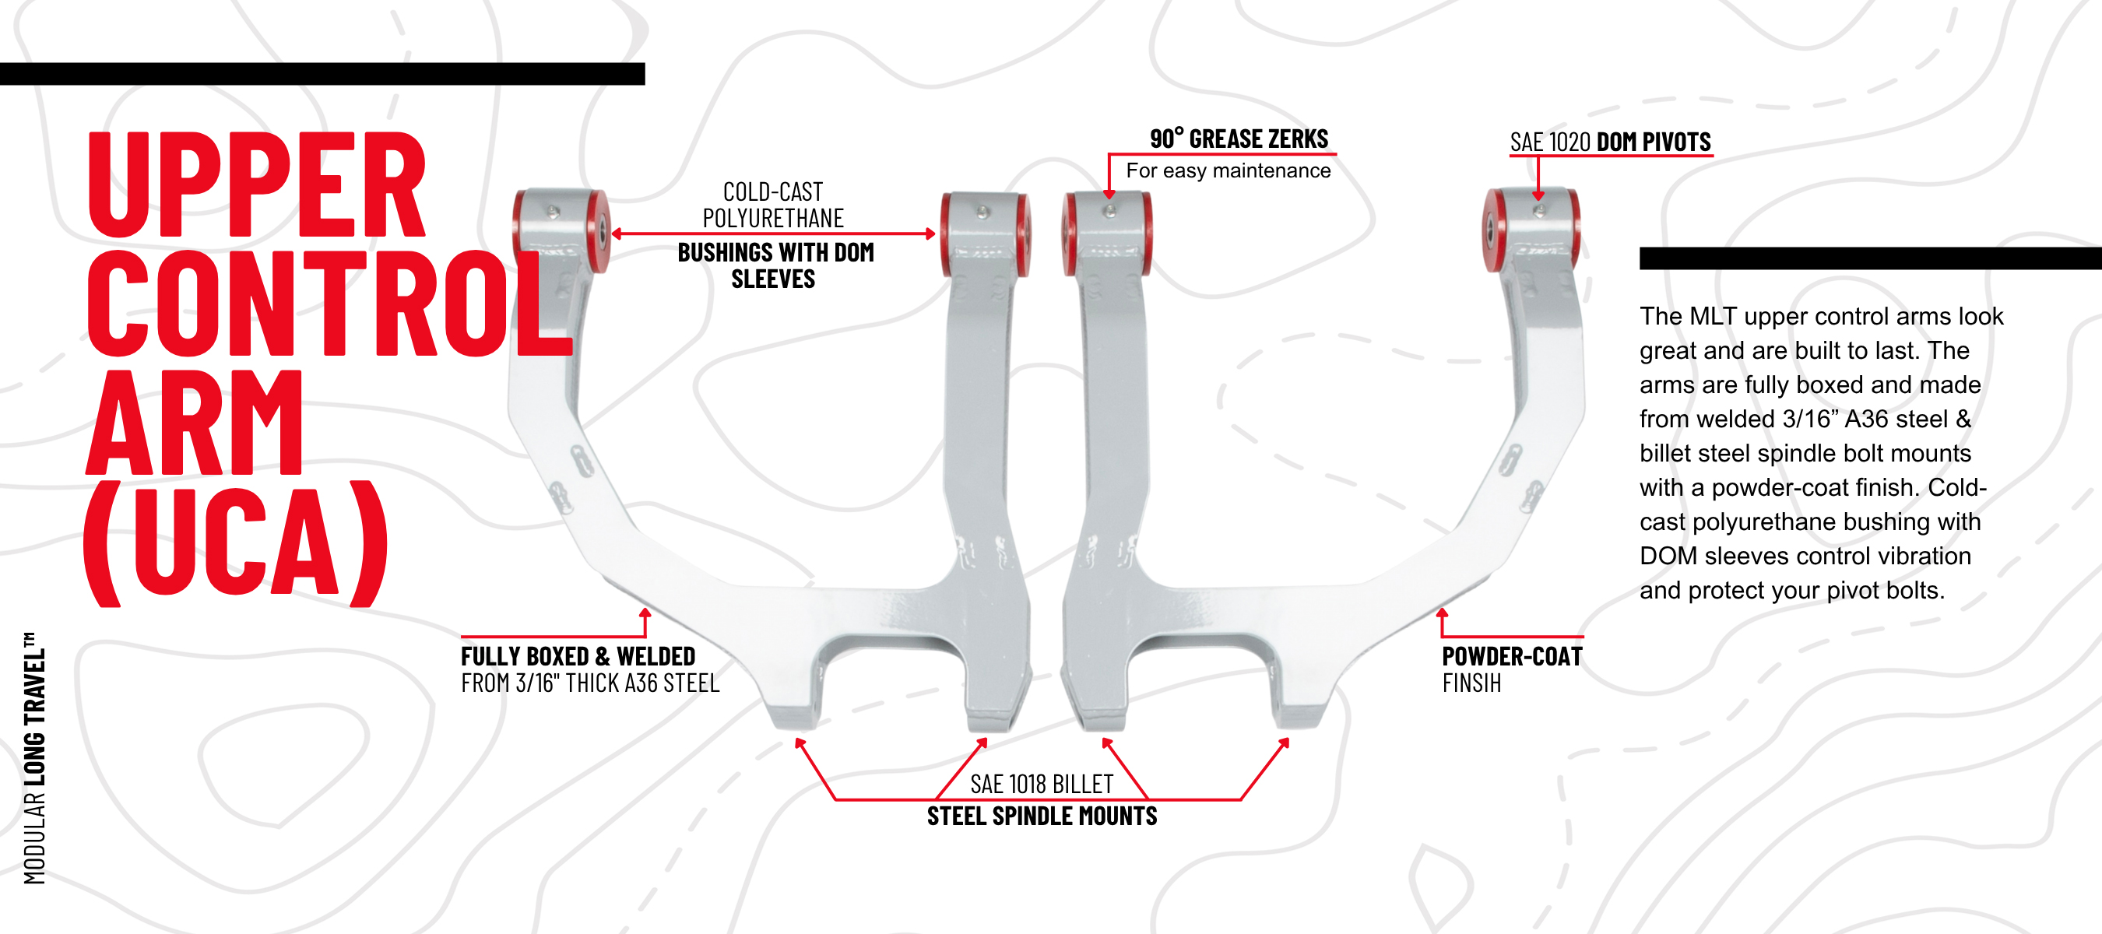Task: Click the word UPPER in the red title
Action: pyautogui.click(x=256, y=184)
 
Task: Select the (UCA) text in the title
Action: pyautogui.click(x=236, y=543)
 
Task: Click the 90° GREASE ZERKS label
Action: pyautogui.click(x=1239, y=139)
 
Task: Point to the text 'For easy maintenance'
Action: pyautogui.click(x=1228, y=170)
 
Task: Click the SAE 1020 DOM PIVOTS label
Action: pyautogui.click(x=1610, y=142)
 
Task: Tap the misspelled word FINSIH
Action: pyautogui.click(x=1471, y=683)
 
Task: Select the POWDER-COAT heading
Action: pyautogui.click(x=1512, y=657)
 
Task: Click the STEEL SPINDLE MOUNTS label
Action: pyautogui.click(x=1042, y=816)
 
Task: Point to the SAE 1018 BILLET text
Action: pyautogui.click(x=1041, y=785)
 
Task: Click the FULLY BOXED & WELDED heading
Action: pyautogui.click(x=578, y=657)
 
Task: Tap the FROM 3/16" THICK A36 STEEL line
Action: pyautogui.click(x=590, y=683)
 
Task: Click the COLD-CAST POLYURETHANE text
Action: pyautogui.click(x=773, y=205)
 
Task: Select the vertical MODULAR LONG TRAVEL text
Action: pyautogui.click(x=34, y=758)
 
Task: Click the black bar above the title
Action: pyautogui.click(x=322, y=73)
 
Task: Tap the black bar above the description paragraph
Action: pyautogui.click(x=1870, y=258)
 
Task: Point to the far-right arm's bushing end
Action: pyautogui.click(x=1531, y=229)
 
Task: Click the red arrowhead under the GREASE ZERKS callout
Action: pyautogui.click(x=1109, y=194)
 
